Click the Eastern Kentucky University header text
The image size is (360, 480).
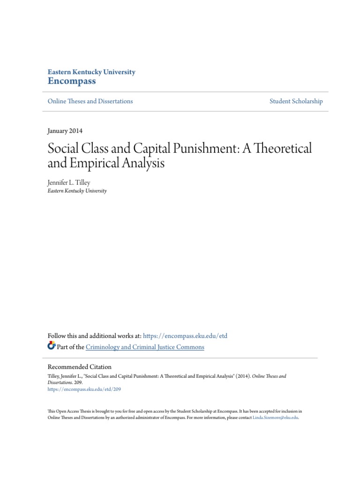pyautogui.click(x=91, y=72)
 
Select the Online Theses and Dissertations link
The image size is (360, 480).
pyautogui.click(x=90, y=101)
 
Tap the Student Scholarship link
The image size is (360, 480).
pyautogui.click(x=296, y=101)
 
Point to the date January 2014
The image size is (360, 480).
pyautogui.click(x=65, y=131)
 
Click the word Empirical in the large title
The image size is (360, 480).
pyautogui.click(x=94, y=165)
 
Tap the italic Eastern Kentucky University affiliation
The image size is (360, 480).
pyautogui.click(x=77, y=191)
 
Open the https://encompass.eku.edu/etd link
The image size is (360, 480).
pyautogui.click(x=185, y=336)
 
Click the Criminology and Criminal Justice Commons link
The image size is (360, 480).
pyautogui.click(x=145, y=347)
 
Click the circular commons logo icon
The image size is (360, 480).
pyautogui.click(x=52, y=346)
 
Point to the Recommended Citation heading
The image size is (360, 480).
pyautogui.click(x=80, y=367)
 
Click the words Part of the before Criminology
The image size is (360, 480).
pyautogui.click(x=70, y=347)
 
